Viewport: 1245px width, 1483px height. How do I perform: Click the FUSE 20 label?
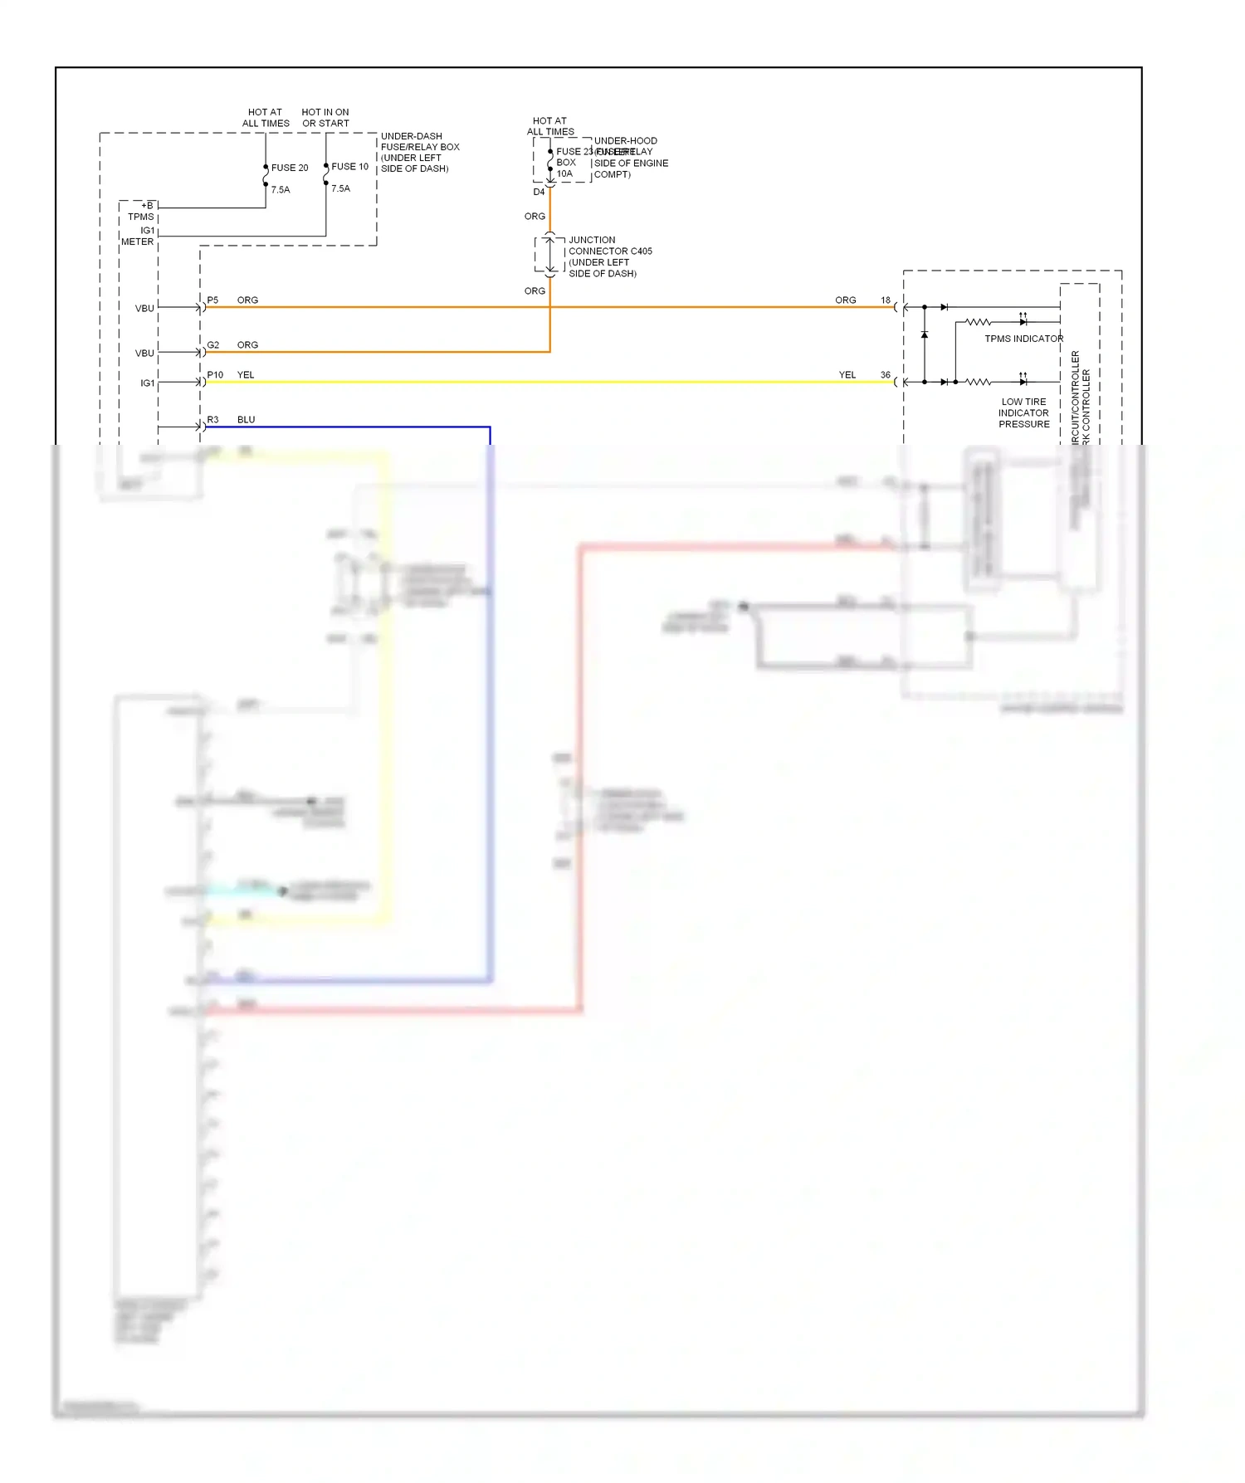[289, 168]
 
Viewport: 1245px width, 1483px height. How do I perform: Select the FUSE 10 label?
[349, 167]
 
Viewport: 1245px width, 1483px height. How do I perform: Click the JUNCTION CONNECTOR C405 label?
[609, 246]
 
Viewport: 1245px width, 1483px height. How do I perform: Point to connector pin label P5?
[213, 300]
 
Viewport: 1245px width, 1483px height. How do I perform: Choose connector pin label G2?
[213, 345]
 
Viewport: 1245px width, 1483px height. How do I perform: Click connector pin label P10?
[215, 375]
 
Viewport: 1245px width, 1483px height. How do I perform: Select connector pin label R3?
[213, 420]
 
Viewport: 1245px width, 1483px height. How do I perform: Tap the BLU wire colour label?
[247, 420]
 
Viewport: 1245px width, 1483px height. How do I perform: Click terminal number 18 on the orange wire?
[886, 300]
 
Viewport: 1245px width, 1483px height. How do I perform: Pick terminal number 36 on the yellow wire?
[886, 375]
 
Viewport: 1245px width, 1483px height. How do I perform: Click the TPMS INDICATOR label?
[1023, 339]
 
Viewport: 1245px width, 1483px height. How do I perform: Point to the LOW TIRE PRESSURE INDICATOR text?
[1023, 413]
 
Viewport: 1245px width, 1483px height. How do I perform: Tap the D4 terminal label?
[539, 193]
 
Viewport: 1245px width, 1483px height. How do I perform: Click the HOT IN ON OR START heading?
[325, 118]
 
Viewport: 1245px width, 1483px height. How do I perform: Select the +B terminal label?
[147, 206]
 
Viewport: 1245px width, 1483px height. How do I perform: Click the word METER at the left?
[137, 242]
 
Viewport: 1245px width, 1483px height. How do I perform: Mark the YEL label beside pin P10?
[246, 375]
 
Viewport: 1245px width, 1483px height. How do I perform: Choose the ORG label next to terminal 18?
[845, 300]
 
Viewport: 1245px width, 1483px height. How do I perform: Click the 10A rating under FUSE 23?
[564, 174]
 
